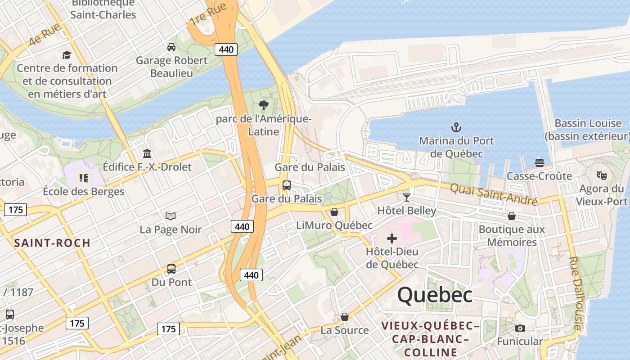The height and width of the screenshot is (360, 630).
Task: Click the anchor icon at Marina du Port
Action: coord(456,127)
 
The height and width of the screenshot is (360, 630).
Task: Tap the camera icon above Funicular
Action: coord(520,328)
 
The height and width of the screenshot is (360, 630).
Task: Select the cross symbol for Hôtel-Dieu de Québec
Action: coord(392,238)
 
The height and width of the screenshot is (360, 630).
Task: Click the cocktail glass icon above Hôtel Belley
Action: coord(407,197)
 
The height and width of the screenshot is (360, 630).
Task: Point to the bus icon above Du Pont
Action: coord(171,269)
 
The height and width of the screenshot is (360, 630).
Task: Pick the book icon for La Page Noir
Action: coord(170,216)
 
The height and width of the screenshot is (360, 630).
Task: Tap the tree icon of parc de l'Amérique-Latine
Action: coord(264,106)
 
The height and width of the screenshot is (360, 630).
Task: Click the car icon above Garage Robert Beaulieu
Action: coord(171,47)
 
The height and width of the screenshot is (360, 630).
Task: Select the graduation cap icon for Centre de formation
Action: coord(67,55)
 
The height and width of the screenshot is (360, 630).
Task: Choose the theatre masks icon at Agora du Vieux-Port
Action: coord(601,175)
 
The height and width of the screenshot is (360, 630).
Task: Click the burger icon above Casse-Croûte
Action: coord(539,162)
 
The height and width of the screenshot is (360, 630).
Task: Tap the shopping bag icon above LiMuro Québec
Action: coord(334,211)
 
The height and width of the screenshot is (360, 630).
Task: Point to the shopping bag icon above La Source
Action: coord(345,317)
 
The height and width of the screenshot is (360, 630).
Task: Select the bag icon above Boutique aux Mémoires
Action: coord(512,216)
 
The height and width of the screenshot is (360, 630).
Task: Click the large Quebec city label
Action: coord(435,295)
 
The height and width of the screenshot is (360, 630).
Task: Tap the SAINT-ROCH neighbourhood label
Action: coord(52,243)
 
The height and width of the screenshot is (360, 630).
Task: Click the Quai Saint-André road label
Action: coord(494,194)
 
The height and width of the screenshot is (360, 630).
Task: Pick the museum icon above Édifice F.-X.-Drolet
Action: coord(147,153)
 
